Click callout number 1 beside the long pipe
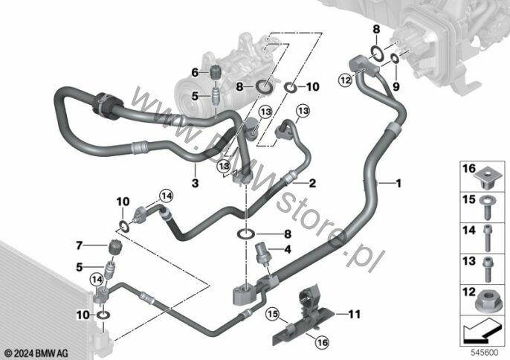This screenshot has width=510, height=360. pos(399,182)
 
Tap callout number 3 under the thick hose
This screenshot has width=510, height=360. pos(195,182)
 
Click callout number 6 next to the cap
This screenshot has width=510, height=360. pos(195,72)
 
